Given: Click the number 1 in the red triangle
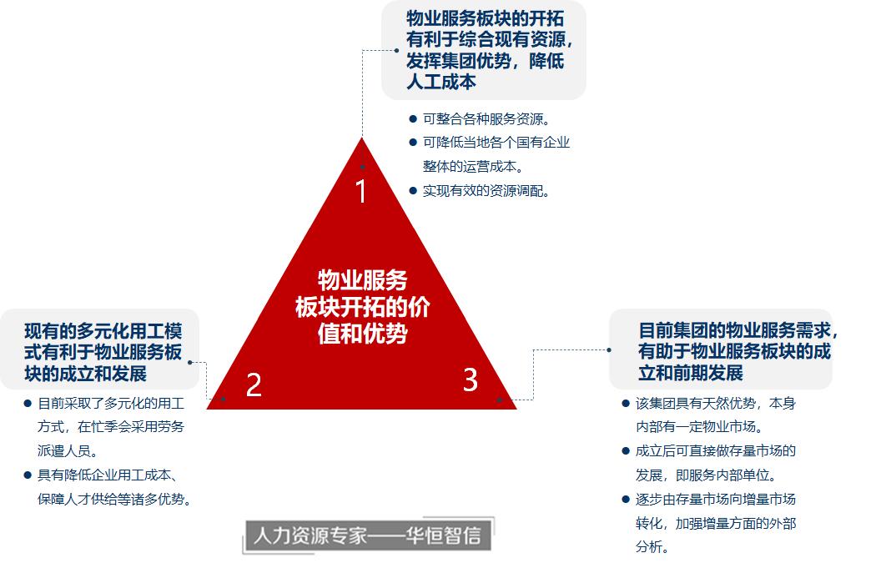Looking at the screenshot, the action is click(361, 192).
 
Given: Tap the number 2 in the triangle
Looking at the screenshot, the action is click(254, 385).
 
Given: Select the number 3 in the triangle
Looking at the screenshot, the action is click(471, 380).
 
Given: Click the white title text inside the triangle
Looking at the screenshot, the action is click(362, 307).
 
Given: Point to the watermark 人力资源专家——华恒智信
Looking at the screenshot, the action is click(367, 535).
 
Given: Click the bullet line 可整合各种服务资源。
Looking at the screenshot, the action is click(486, 118).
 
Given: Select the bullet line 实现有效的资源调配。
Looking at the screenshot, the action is click(486, 190).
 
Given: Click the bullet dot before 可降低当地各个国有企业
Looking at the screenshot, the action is click(413, 143).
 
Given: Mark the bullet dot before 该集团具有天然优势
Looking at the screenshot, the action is click(626, 404).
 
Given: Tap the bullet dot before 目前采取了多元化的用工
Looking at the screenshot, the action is click(28, 404).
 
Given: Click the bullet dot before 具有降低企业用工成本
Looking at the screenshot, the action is click(28, 475).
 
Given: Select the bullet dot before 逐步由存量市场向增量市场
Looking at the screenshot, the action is click(626, 500).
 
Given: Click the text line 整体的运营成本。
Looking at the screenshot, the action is click(473, 166).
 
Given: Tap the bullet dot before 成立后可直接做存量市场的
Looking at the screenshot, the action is click(626, 451).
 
